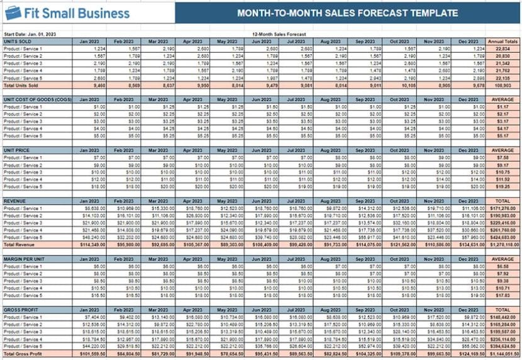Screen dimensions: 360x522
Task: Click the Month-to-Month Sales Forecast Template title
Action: [x=347, y=13]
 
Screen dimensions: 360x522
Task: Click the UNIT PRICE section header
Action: [x=17, y=150]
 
